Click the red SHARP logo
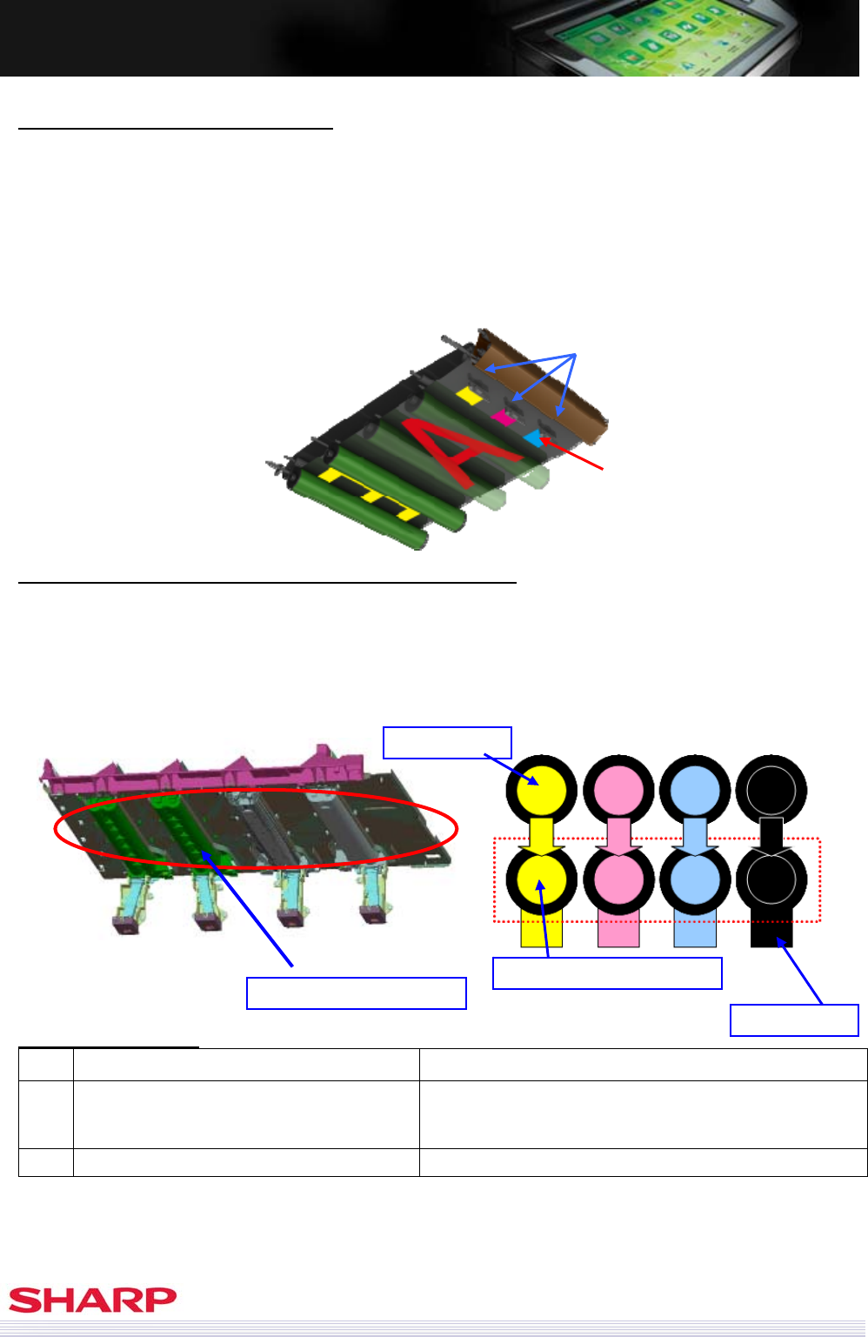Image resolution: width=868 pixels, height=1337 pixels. pos(92,1300)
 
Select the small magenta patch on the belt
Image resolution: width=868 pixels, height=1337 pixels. pos(504,418)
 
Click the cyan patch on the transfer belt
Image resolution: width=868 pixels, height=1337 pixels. pos(535,439)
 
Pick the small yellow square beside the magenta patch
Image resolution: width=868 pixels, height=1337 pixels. pos(469,396)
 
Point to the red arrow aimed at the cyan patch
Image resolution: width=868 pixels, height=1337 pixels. pos(571,454)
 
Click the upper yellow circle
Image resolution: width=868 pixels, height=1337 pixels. pos(541,790)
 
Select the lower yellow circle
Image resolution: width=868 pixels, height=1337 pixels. pos(541,879)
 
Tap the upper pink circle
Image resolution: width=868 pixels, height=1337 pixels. pos(618,790)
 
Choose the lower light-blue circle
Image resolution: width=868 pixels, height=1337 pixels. pos(695,879)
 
